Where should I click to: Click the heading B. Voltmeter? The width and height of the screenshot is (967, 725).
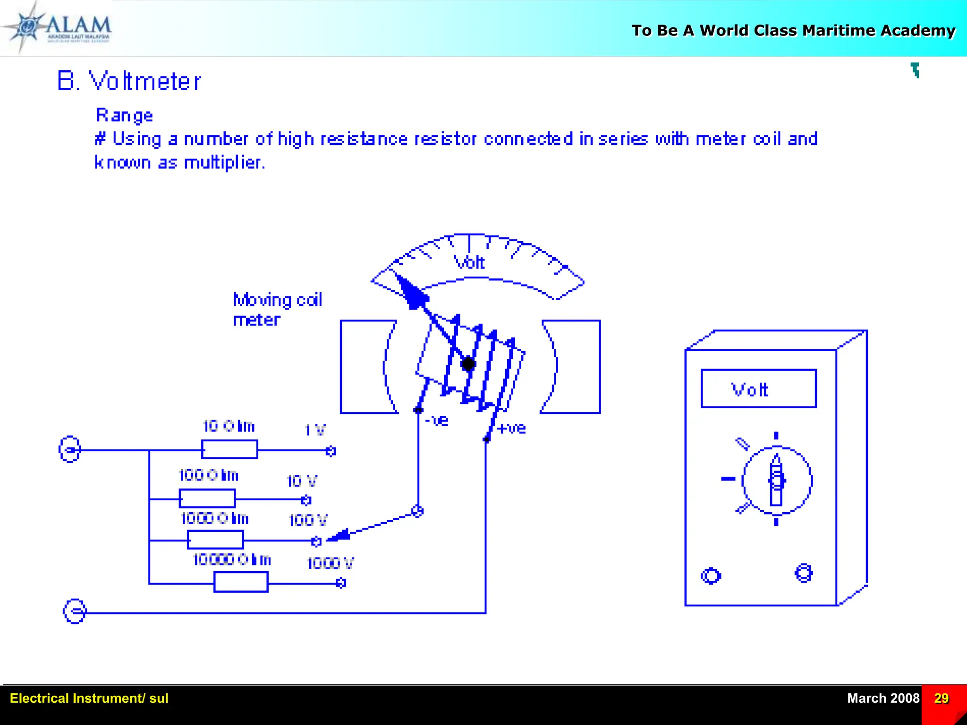pyautogui.click(x=129, y=81)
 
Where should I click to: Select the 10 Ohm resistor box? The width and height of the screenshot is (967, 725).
pyautogui.click(x=229, y=449)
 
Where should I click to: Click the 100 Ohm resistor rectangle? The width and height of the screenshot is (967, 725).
pyautogui.click(x=207, y=498)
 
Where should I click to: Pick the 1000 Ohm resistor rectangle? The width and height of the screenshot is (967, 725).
pyautogui.click(x=215, y=540)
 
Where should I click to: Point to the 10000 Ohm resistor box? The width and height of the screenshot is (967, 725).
pyautogui.click(x=241, y=582)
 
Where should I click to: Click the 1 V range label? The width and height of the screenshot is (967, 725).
pyautogui.click(x=315, y=430)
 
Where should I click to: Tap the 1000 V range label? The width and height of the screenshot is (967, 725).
pyautogui.click(x=330, y=563)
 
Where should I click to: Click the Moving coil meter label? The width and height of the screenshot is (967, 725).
pyautogui.click(x=277, y=310)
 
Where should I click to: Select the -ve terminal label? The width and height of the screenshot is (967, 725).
pyautogui.click(x=437, y=420)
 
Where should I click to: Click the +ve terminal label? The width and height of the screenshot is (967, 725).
pyautogui.click(x=511, y=428)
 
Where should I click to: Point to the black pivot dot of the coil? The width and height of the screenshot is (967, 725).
pyautogui.click(x=468, y=364)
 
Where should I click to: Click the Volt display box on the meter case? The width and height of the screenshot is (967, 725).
pyautogui.click(x=758, y=389)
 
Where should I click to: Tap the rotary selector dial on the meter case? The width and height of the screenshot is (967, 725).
pyautogui.click(x=777, y=480)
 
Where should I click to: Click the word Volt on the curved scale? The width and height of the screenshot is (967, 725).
pyautogui.click(x=469, y=262)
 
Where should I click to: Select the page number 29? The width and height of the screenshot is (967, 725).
pyautogui.click(x=941, y=698)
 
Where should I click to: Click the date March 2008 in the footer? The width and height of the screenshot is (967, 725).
pyautogui.click(x=883, y=698)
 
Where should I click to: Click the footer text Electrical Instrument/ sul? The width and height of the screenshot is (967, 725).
pyautogui.click(x=89, y=698)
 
